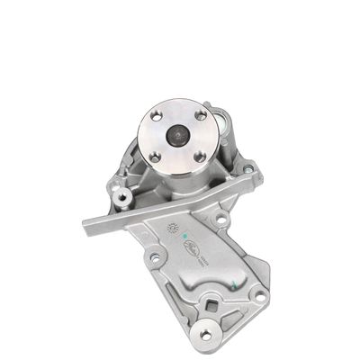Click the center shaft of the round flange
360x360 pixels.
(178, 136)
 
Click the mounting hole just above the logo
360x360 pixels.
(220, 219)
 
